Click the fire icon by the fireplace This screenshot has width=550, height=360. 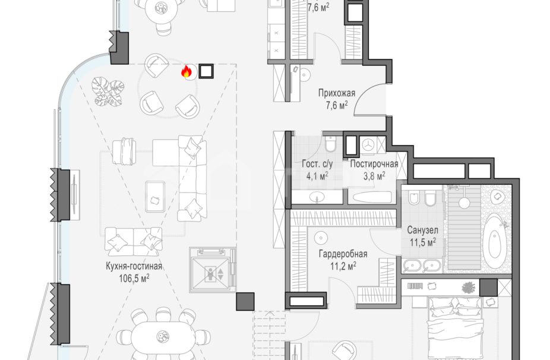click(187, 71)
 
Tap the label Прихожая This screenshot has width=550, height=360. click(337, 93)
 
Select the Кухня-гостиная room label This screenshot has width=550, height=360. click(134, 266)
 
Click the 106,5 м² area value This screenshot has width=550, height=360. click(134, 278)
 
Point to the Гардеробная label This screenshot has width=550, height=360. click(343, 254)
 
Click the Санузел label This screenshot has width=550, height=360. click(422, 230)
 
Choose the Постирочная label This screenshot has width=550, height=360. click(374, 164)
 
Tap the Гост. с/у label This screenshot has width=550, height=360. click(317, 164)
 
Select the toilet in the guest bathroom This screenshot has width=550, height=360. click(330, 143)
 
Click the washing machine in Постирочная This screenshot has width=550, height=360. click(368, 144)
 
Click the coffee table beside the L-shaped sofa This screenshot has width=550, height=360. click(155, 197)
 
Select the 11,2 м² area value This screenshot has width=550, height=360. click(343, 266)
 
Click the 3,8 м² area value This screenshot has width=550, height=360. click(374, 176)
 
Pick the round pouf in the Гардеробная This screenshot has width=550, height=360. click(321, 238)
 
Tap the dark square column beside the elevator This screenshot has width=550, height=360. click(245, 301)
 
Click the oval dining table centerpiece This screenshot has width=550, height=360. click(162, 336)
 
